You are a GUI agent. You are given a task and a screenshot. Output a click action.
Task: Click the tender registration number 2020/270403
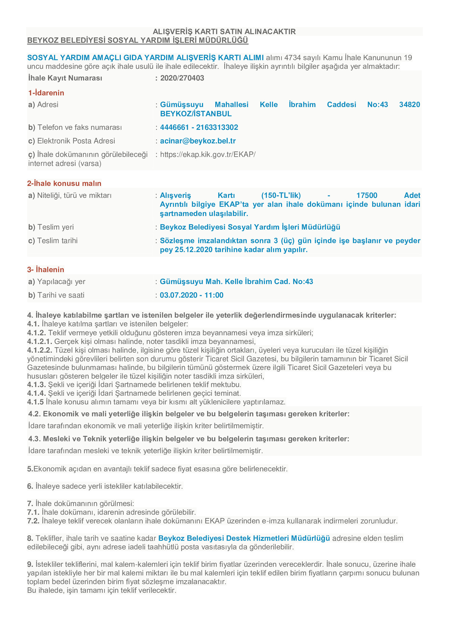[182, 78]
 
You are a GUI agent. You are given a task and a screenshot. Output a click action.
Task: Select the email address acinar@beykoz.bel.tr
[198, 141]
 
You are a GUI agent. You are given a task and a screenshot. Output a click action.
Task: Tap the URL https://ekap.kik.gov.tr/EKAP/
[208, 154]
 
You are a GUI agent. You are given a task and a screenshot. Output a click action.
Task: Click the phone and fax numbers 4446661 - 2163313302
[199, 127]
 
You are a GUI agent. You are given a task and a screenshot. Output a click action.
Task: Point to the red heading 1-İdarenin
[46, 93]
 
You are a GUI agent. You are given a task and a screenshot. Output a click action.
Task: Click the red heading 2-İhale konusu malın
[64, 183]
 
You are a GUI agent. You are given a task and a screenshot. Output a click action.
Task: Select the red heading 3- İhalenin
[46, 269]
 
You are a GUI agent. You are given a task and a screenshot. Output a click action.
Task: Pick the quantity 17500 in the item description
[366, 195]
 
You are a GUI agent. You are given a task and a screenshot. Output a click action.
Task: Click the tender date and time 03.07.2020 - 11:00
[191, 295]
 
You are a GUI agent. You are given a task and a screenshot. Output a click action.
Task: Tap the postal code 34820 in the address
[409, 105]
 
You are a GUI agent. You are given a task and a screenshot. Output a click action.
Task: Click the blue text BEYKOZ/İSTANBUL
[196, 114]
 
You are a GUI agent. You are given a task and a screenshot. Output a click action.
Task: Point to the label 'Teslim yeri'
[55, 227]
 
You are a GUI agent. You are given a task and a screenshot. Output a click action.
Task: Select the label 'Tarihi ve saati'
[61, 295]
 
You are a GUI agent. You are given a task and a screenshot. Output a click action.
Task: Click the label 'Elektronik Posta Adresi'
[76, 141]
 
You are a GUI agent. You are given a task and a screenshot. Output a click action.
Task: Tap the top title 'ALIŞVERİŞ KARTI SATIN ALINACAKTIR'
[224, 31]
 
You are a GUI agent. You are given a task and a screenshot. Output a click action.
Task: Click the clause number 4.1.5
[35, 402]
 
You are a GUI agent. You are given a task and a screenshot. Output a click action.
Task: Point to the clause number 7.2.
[33, 521]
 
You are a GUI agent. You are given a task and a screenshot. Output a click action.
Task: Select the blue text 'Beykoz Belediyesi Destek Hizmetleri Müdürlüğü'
[244, 538]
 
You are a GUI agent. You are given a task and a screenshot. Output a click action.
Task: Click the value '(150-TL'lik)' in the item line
[281, 195]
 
